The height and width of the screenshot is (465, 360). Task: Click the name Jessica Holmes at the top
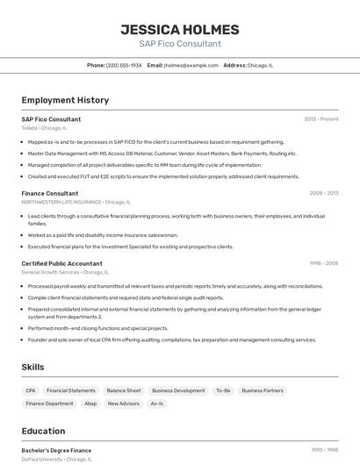[179, 30]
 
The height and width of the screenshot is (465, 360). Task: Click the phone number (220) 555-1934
[124, 65]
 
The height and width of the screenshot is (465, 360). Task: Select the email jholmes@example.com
[191, 65]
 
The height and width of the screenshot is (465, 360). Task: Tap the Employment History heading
[65, 100]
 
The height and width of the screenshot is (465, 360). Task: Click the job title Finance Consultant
[50, 193]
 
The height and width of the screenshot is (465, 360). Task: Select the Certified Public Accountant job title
[61, 263]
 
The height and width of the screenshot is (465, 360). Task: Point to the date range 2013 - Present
[321, 119]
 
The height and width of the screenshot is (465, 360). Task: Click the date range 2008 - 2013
[324, 193]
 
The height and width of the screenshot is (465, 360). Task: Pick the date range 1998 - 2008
[324, 263]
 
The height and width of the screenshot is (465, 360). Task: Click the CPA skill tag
[31, 390]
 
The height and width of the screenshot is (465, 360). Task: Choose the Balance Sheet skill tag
[124, 390]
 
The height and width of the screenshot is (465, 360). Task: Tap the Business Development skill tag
[178, 390]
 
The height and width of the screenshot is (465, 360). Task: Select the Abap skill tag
[90, 404]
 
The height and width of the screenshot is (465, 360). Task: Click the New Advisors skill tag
[124, 404]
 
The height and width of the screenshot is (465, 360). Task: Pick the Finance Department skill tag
[49, 404]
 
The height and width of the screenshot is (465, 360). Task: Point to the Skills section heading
[33, 367]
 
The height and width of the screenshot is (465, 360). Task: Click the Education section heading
[43, 431]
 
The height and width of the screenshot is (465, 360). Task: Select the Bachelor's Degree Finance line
[56, 450]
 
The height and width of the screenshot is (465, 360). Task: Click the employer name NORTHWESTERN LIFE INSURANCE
[61, 202]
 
